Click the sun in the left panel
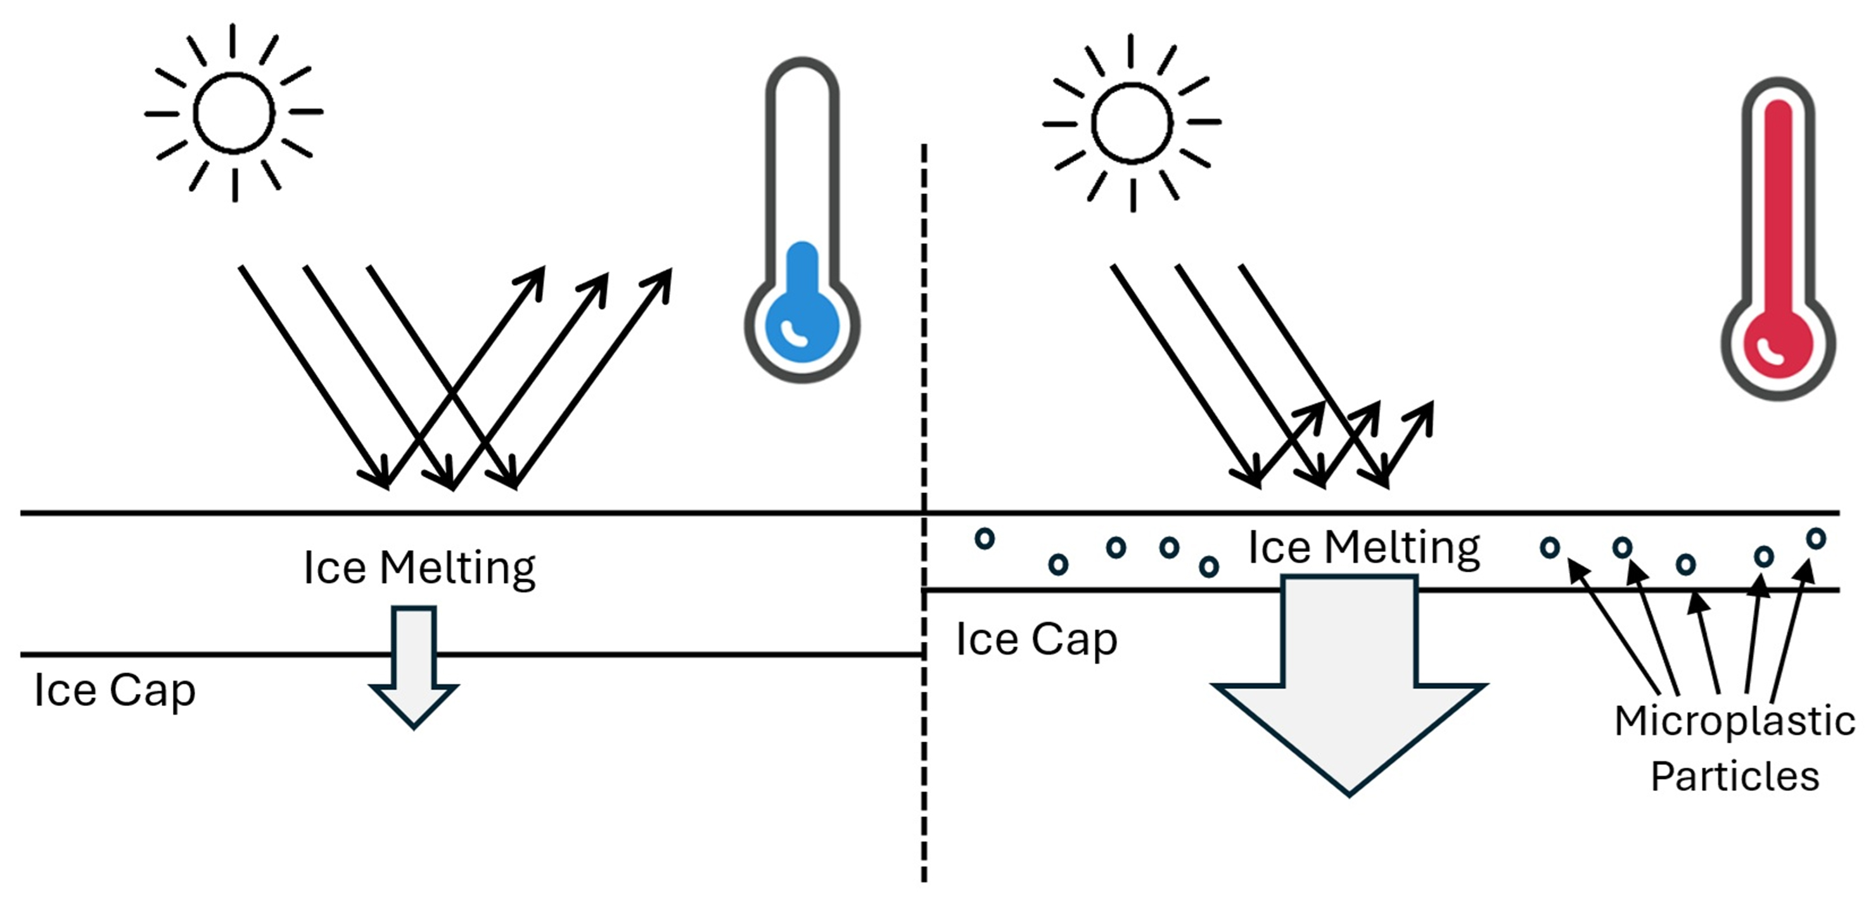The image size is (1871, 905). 234,113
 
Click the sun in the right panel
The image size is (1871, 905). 1132,124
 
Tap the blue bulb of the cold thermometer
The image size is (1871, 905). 802,324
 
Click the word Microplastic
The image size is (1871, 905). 1734,722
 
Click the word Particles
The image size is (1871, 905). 1734,776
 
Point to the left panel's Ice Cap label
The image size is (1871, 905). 115,690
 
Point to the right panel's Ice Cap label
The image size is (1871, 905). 1037,640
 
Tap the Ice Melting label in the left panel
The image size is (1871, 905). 419,568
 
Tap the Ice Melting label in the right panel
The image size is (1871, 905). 1363,548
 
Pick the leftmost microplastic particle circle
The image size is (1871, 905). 984,539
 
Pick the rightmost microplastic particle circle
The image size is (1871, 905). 1816,539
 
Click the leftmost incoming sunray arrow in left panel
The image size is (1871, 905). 312,374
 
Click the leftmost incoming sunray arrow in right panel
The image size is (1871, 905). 1184,374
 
